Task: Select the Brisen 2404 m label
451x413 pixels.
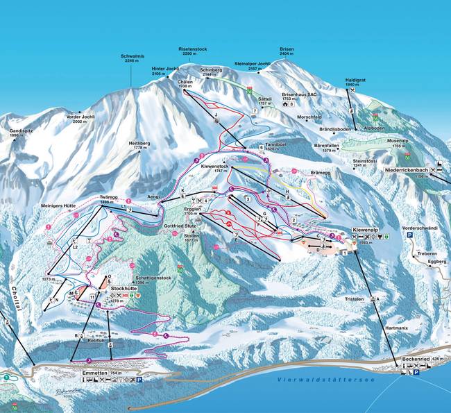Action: [287, 50]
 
